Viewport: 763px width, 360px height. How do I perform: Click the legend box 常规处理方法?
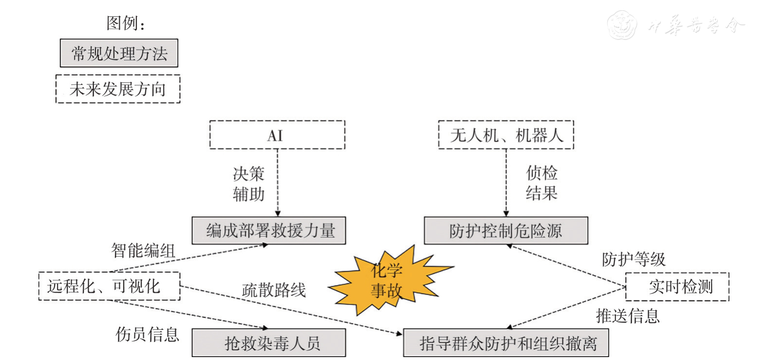(119, 53)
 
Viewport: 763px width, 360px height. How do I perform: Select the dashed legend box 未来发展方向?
(118, 89)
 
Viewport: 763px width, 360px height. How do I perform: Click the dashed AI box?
(277, 135)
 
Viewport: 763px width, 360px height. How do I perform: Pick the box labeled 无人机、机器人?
(506, 135)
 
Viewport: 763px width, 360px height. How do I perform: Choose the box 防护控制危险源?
(506, 230)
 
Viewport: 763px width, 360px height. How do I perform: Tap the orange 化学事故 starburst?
(388, 281)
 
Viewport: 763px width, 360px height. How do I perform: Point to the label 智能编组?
(141, 251)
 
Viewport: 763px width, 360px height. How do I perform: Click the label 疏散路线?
(274, 290)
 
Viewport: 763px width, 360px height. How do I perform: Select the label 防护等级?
(633, 259)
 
